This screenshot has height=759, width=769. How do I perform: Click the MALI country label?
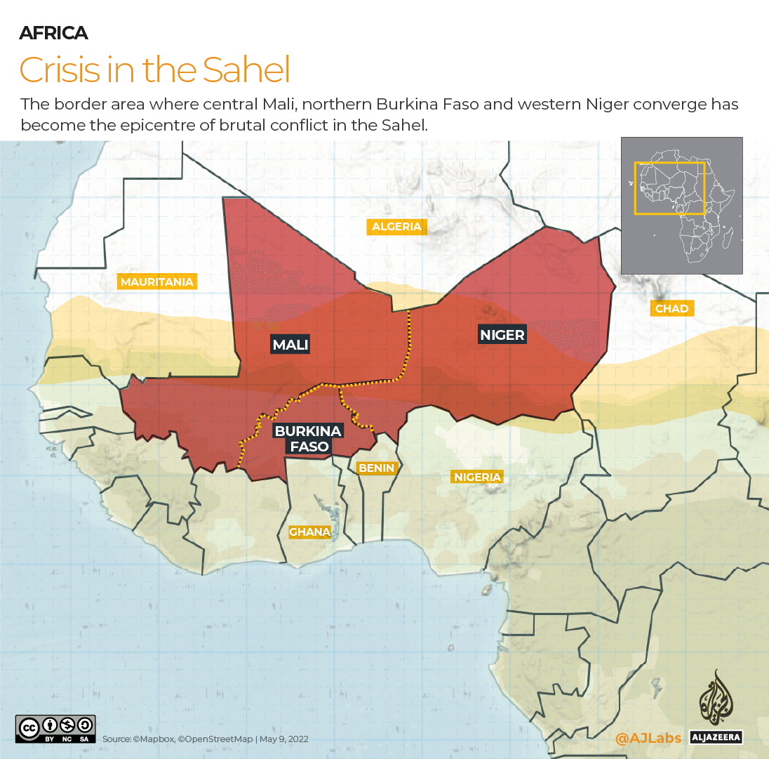290,345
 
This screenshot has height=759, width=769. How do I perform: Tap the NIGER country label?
502,334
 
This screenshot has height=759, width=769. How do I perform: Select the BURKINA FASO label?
308,438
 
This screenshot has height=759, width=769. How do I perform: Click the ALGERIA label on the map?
396,226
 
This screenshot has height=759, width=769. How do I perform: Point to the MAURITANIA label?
156,282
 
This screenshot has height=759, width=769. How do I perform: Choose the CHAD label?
671,308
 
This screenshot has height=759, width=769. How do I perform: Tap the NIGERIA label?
477,477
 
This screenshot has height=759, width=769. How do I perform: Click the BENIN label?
377,468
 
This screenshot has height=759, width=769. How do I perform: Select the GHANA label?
309,532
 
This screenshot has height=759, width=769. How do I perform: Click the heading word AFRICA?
53,33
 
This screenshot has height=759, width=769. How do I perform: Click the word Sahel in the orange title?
246,70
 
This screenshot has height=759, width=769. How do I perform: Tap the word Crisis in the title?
58,70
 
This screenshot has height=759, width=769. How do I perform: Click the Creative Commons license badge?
55,729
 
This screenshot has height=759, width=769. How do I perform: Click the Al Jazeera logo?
716,706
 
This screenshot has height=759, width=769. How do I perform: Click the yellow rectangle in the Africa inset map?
669,188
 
